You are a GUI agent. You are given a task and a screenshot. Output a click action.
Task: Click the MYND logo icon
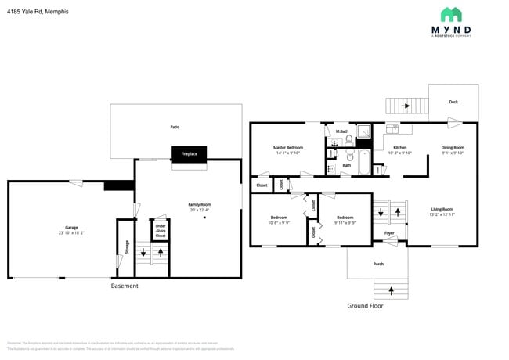pos(450,14)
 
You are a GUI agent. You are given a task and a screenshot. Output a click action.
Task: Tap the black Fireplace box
pos(190,153)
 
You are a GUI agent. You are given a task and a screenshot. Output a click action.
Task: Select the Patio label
pos(175,125)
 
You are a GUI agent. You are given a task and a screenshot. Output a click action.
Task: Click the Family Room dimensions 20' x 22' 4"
pos(200,209)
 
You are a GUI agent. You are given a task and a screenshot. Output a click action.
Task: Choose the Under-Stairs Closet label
pos(160,230)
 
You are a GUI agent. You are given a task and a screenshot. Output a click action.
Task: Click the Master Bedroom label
pos(288,147)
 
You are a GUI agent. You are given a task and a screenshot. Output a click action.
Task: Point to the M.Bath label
pos(342,131)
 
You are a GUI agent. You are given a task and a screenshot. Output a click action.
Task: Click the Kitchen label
pos(399,147)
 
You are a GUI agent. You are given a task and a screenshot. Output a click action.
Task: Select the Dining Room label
pos(453,147)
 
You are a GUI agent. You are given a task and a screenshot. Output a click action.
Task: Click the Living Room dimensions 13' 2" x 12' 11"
pos(442,214)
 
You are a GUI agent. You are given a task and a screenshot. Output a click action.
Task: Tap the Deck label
pos(453,102)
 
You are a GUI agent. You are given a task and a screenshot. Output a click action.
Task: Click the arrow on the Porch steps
pos(390,291)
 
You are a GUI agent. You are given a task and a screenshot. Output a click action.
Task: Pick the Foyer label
pos(389,233)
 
